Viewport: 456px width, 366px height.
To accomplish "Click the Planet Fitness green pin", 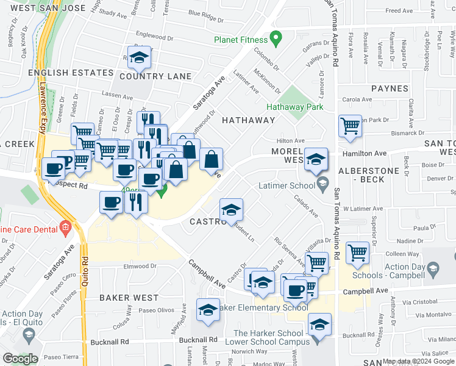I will (x=276, y=40).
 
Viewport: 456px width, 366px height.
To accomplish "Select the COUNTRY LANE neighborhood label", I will (x=155, y=77).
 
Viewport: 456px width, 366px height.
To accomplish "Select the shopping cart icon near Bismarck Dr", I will (x=351, y=126).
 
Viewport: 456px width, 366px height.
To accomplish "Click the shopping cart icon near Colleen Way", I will (x=357, y=252).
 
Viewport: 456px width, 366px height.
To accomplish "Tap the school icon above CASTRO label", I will (x=231, y=210).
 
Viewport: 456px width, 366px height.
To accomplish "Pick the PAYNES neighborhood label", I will (x=389, y=88).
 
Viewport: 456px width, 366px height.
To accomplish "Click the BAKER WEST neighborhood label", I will (x=129, y=298).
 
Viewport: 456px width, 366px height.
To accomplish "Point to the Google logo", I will (x=21, y=359).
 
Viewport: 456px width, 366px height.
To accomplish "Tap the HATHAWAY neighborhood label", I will (x=248, y=120).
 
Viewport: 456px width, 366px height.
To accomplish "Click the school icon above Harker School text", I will (x=319, y=325).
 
